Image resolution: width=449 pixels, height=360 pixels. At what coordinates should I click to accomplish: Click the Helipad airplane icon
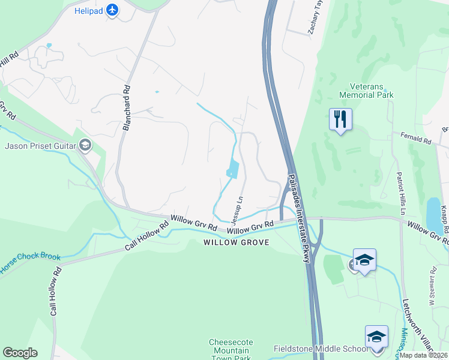(112, 10)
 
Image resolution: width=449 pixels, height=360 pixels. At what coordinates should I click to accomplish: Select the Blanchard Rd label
(127, 107)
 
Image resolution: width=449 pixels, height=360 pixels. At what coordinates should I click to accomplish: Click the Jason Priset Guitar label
(41, 146)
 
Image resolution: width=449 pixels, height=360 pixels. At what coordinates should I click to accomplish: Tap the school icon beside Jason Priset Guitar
(85, 145)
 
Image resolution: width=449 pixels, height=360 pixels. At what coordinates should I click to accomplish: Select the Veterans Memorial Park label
(366, 91)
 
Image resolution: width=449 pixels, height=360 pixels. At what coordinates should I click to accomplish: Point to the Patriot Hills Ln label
(400, 193)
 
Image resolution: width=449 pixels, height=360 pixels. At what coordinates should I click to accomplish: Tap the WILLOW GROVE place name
(236, 242)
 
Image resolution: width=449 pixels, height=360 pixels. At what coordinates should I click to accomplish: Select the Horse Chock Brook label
(30, 259)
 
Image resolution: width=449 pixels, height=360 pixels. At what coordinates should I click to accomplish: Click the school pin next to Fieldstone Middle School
(376, 337)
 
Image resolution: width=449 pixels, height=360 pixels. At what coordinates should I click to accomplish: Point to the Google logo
(20, 353)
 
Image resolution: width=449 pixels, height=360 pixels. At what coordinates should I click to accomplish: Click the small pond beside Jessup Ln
(232, 170)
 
